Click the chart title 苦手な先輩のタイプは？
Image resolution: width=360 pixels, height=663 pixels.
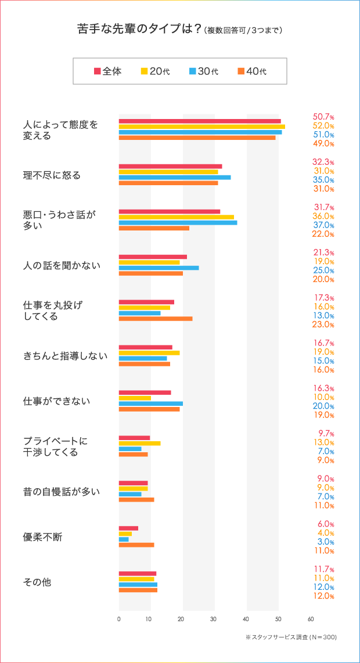click(139, 30)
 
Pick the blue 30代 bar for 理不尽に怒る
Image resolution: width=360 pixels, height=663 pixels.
click(174, 177)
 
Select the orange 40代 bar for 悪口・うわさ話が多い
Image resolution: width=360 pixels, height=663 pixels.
click(154, 228)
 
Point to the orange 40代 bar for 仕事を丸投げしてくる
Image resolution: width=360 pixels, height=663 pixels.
click(155, 319)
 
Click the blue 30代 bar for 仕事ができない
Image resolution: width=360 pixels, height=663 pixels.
click(150, 403)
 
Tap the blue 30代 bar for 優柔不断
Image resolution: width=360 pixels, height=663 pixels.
click(124, 539)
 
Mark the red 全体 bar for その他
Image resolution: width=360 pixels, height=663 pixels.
click(137, 574)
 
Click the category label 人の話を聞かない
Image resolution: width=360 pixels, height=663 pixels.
click(62, 265)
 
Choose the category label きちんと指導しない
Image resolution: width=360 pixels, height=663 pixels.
click(65, 356)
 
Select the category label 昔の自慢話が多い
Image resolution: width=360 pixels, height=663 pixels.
click(62, 492)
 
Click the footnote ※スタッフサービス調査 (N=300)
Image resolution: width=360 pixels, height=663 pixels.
click(291, 637)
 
